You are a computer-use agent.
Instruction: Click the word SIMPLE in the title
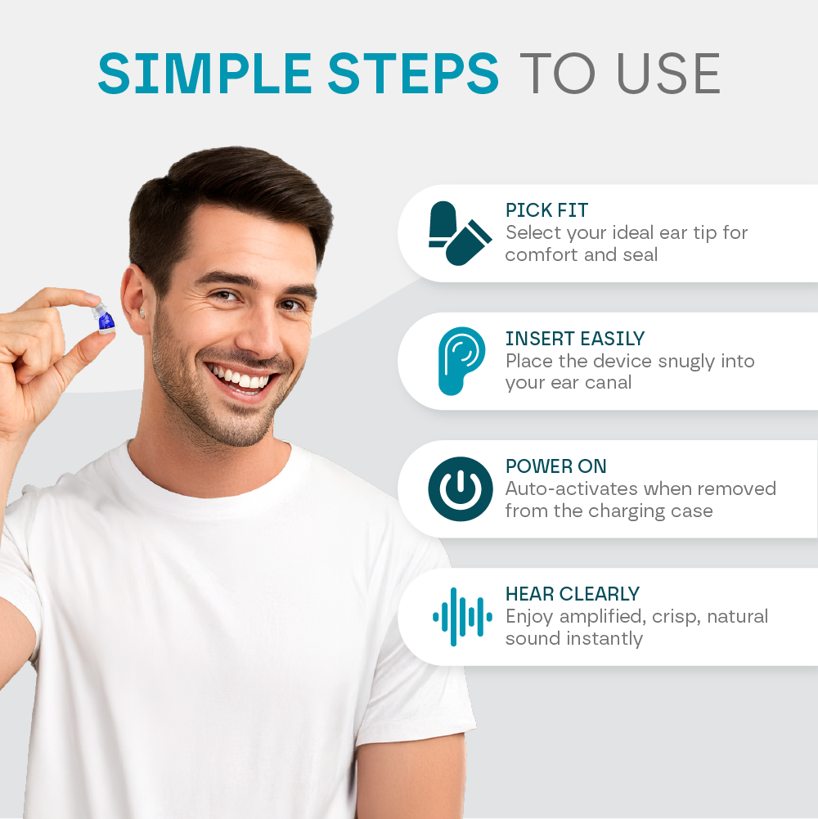(x=204, y=74)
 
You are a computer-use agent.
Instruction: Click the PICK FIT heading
(x=546, y=210)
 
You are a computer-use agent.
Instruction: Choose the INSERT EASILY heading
(x=575, y=339)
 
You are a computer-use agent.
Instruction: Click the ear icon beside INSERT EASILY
(x=460, y=361)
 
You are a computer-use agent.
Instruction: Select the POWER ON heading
(x=556, y=466)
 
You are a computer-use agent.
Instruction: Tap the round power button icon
(x=461, y=489)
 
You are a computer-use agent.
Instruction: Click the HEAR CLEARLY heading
(x=573, y=594)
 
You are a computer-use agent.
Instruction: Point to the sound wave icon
(x=462, y=617)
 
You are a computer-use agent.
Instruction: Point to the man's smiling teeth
(x=241, y=379)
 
